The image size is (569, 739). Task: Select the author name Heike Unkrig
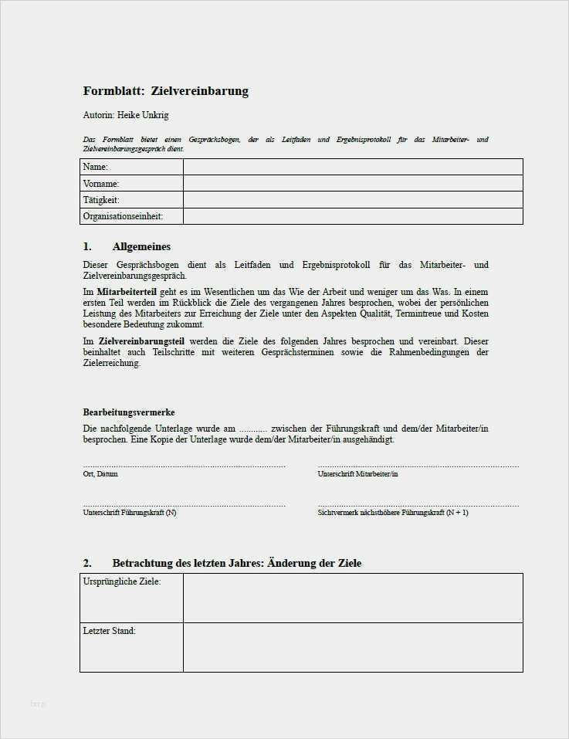[143, 115]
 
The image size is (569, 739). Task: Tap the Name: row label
[96, 167]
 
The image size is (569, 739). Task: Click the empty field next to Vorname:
[352, 184]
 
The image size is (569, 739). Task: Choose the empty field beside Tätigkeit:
[352, 200]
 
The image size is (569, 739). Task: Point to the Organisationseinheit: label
[123, 216]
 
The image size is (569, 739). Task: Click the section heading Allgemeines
[141, 246]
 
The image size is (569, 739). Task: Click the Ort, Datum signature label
[100, 474]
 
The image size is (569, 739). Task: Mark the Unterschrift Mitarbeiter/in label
[357, 474]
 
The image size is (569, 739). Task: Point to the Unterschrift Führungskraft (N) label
[130, 513]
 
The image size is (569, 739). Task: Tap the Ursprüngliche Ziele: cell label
[122, 581]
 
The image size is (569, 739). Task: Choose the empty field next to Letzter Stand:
[352, 647]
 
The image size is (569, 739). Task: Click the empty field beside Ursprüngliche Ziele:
[352, 598]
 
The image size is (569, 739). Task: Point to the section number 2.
[87, 563]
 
